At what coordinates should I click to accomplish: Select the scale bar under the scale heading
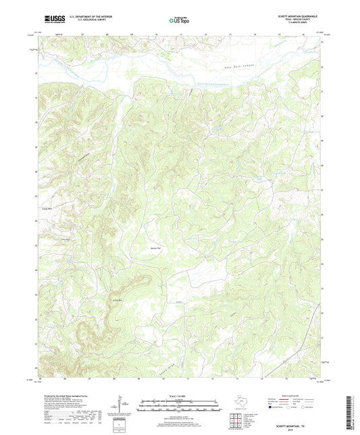coord(180,405)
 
